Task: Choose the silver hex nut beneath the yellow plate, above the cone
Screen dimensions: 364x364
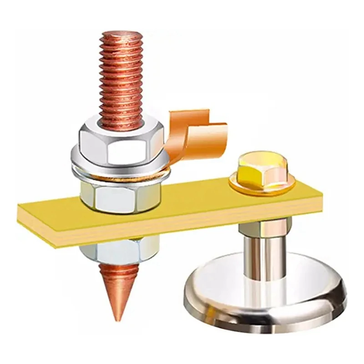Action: [119, 250]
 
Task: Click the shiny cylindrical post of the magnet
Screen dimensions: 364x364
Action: [265, 259]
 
